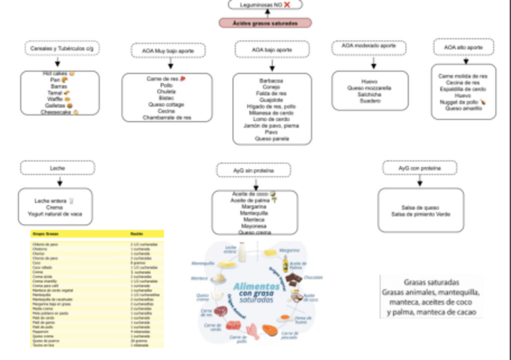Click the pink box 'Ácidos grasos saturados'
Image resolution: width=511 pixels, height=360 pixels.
coord(265,23)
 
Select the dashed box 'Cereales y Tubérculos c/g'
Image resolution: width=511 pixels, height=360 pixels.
coord(58,48)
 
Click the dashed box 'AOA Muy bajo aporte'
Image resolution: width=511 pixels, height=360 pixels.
coord(168,51)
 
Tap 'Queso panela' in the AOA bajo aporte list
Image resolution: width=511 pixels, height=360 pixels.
coord(272,138)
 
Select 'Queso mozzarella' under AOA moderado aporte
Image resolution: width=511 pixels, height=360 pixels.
coord(369,88)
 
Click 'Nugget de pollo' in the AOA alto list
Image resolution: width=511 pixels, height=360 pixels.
coord(460,102)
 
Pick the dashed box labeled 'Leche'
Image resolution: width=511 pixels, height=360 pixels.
coord(58,168)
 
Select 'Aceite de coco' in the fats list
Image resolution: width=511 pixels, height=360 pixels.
coord(249,194)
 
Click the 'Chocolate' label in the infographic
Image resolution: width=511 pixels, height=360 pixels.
coord(315,278)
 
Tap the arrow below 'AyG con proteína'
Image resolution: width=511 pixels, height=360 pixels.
coord(419,181)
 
